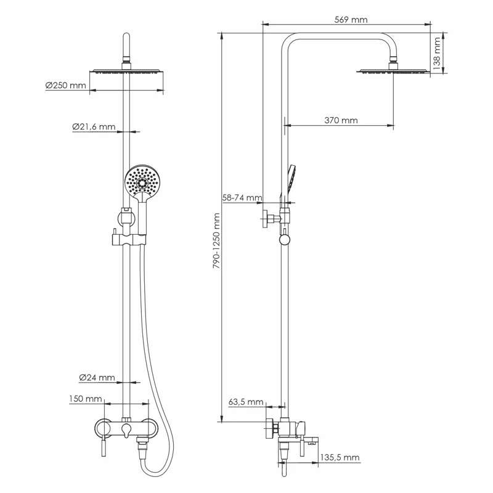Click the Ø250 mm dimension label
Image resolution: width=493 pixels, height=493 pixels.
tap(65, 86)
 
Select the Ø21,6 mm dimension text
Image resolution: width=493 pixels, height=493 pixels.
tap(93, 127)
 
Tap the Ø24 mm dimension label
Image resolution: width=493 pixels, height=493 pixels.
tap(97, 377)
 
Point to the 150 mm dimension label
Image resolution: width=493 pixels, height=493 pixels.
tap(85, 399)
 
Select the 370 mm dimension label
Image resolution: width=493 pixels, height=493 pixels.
tap(341, 120)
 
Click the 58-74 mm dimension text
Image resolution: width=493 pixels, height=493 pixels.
tap(242, 198)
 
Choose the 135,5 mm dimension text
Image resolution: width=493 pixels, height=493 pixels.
tap(341, 457)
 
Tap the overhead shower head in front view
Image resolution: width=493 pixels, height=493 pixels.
tap(128, 72)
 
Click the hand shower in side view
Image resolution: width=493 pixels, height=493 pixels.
tap(293, 179)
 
